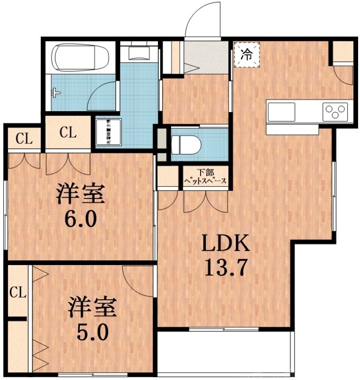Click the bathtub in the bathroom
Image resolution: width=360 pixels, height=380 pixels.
[x=80, y=58]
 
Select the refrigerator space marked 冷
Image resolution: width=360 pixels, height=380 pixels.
[x=247, y=54]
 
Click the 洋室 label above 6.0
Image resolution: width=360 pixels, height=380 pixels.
[x=80, y=194]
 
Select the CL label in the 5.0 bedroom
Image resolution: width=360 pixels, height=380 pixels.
[x=18, y=293]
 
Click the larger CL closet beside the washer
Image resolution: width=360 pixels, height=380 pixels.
[x=68, y=133]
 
